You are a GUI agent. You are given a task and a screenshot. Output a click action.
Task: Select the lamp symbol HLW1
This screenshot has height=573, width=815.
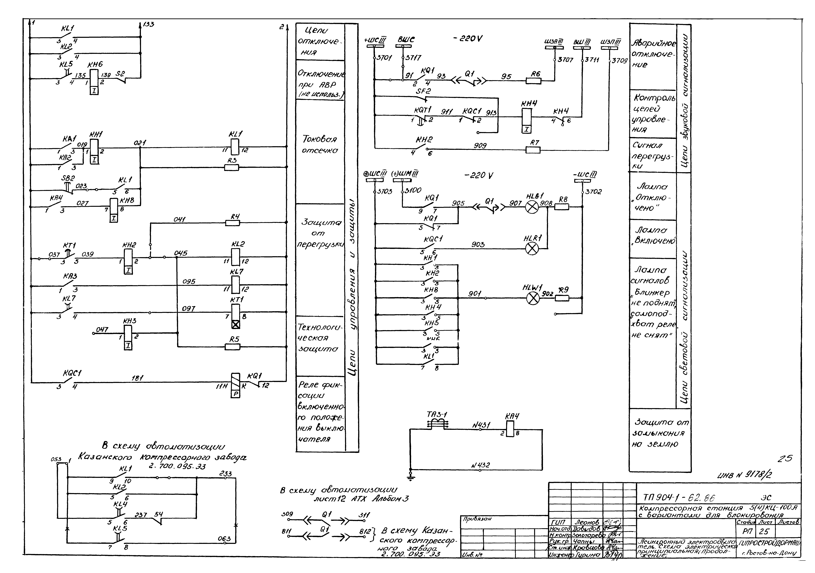pyautogui.click(x=532, y=298)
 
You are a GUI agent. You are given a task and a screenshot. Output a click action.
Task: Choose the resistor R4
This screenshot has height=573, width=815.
pyautogui.click(x=233, y=223)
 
